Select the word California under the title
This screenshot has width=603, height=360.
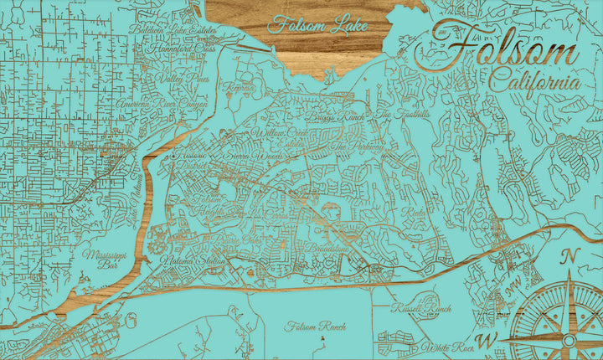pos(533,83)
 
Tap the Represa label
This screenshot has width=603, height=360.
pos(238,86)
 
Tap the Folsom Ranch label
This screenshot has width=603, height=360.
pos(315,327)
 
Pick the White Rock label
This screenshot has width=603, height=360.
pos(449,347)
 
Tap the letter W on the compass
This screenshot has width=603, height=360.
pos(492,339)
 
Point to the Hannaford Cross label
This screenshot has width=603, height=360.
pos(181,49)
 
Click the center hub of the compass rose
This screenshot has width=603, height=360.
pos(570,341)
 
